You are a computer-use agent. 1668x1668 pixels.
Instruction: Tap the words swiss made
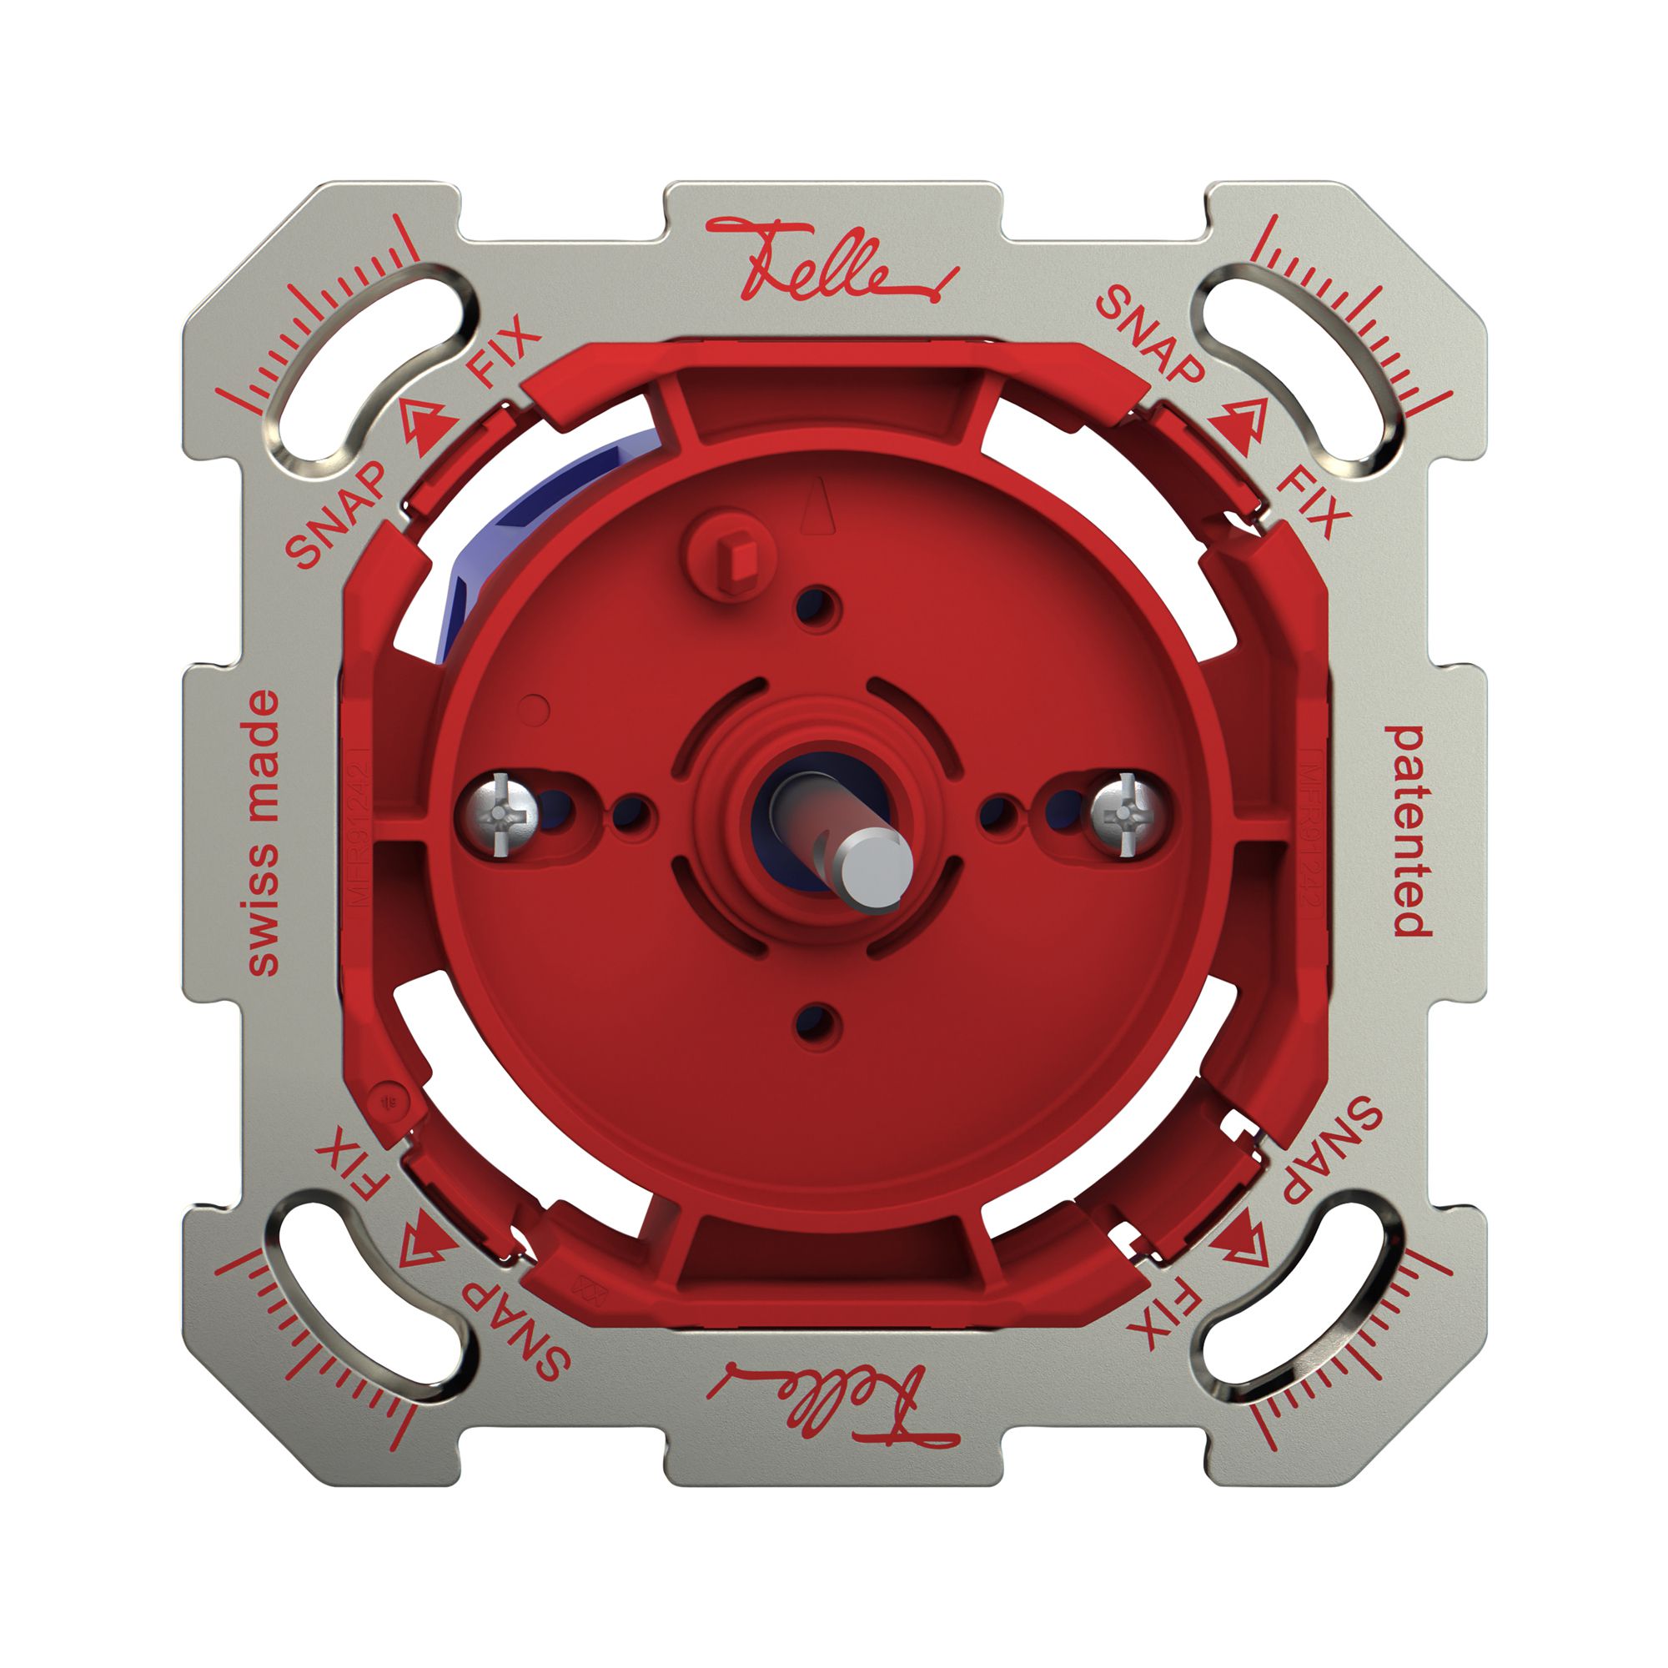point(264,833)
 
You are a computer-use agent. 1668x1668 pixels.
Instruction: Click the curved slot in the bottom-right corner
point(1304,1304)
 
